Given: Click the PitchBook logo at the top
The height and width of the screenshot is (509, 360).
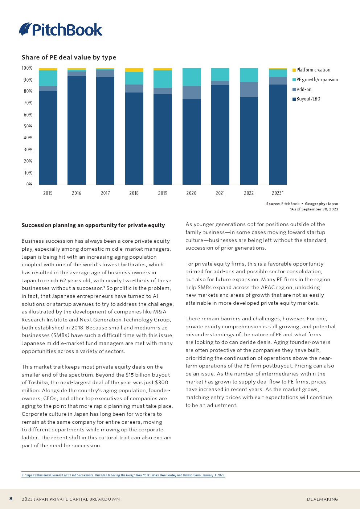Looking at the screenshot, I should click(61, 29).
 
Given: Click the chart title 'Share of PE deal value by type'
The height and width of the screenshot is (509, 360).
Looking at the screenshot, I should click(69, 57).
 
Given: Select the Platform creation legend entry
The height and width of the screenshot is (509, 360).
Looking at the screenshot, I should click(313, 70).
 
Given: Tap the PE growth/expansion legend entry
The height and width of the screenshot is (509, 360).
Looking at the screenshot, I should click(317, 80).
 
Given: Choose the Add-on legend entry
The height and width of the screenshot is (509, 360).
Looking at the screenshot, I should click(303, 90).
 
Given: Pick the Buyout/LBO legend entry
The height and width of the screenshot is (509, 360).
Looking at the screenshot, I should click(308, 99).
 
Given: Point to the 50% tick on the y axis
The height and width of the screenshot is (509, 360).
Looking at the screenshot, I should click(28, 126).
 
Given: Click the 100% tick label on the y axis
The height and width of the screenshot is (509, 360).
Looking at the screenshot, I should click(27, 68).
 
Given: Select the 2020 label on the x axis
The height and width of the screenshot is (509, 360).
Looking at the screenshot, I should click(191, 193).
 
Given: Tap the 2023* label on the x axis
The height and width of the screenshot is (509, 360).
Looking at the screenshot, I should click(278, 193).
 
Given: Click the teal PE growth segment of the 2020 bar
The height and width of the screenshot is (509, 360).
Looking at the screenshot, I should click(192, 77).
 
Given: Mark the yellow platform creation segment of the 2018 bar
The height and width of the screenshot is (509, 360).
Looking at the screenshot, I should click(134, 70).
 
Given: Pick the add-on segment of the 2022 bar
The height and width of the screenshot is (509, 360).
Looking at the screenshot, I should click(249, 90).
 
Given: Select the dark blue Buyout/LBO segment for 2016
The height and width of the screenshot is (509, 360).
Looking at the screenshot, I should click(77, 131).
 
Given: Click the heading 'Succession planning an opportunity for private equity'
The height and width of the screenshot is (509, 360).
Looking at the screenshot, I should click(93, 225).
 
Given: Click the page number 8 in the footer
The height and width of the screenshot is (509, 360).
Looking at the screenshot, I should click(11, 499).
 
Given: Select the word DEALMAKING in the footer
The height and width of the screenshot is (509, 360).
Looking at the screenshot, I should click(322, 499).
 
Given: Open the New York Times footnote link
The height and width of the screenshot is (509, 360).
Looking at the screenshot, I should click(123, 475).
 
